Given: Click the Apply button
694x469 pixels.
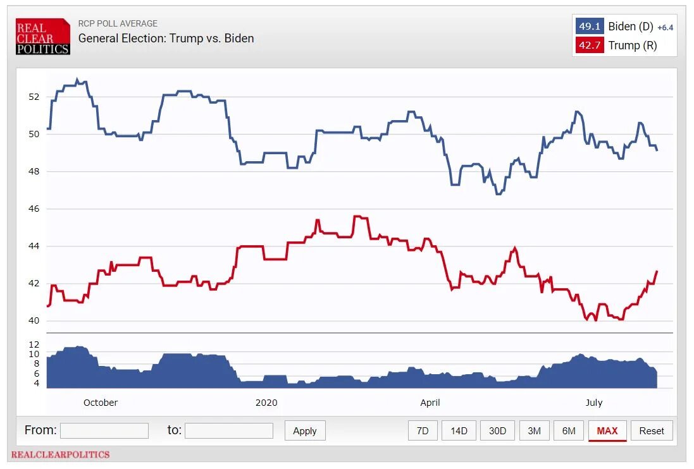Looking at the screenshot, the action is pos(305,430).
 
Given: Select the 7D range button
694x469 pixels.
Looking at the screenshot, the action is pos(423,430).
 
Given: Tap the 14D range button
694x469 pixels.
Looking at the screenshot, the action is pos(459,430).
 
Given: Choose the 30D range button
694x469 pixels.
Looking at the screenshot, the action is pos(497,430).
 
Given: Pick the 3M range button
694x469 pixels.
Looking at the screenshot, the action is pos(534,430).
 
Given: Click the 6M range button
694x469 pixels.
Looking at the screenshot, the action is pos(569,430).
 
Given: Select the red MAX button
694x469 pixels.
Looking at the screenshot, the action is pos(607,430).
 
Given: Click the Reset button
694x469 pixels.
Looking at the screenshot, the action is pos(652,430).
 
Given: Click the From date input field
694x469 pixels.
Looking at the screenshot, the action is pos(104,430).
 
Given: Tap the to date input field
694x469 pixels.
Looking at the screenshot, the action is pos(229,430).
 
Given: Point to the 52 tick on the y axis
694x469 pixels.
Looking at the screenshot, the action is pos(34,97).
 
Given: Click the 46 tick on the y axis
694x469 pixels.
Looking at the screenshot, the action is pos(34,209).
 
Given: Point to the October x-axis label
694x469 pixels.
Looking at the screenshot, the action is pos(101,403).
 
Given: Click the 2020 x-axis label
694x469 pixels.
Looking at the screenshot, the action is pos(266,403).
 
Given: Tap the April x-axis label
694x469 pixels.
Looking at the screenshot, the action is pos(430,403).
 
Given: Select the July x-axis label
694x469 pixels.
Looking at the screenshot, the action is pos(594,403).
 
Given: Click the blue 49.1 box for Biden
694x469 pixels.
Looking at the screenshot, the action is pos(590,27).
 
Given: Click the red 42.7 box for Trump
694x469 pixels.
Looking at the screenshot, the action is pos(590,45).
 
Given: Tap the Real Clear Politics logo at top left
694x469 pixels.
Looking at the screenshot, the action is pos(43,37).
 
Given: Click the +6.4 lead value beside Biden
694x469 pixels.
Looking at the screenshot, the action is pos(666,28).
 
